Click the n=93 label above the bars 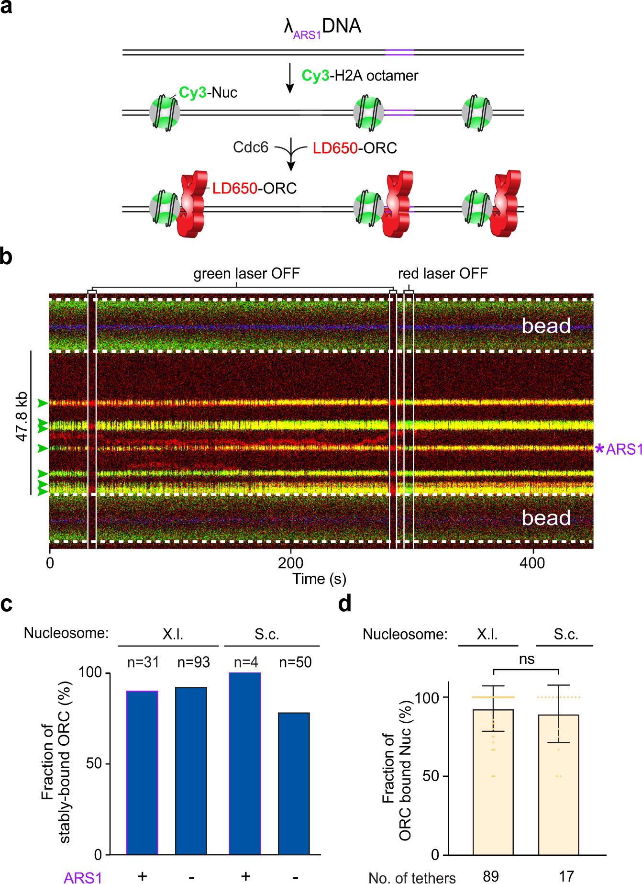point(193,662)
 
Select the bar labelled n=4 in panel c point(245,763)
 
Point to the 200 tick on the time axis point(290,563)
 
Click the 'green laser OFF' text point(246,273)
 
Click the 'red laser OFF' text point(443,273)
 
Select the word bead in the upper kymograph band point(545,326)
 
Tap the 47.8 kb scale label point(22,416)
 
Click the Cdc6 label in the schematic point(250,147)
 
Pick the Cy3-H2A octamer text point(360,76)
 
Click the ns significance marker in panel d point(526,659)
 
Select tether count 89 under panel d point(491,876)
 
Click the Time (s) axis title point(319,579)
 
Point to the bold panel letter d point(344,604)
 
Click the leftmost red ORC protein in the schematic point(191,206)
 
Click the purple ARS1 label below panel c point(83,877)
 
